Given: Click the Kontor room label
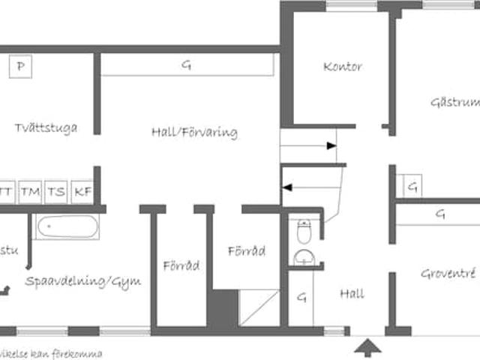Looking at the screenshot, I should pos(343,67).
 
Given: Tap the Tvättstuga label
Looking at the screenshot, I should pos(46,127).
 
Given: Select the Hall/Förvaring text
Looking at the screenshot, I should pos(194,133).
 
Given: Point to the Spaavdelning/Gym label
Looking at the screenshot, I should pos(82,281).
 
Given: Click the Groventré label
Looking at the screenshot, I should pos(447,274).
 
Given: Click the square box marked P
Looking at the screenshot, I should pos(21,67).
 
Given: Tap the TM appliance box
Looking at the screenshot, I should pos(31,192).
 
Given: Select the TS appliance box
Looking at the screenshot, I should pos(56,192).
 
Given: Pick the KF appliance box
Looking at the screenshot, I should pos(82,192).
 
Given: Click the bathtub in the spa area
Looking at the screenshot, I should pos(67,226).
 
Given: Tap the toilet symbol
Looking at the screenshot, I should pos(304,232).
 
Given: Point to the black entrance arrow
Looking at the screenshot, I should pos(367,348).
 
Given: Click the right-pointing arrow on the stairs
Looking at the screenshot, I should pos(331,146).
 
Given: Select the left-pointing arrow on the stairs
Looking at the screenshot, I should pos(286,189).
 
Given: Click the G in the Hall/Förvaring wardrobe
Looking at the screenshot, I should pos(185,65).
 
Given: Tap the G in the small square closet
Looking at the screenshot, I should pos(412,185).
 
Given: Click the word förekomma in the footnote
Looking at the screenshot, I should pos(79,353).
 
